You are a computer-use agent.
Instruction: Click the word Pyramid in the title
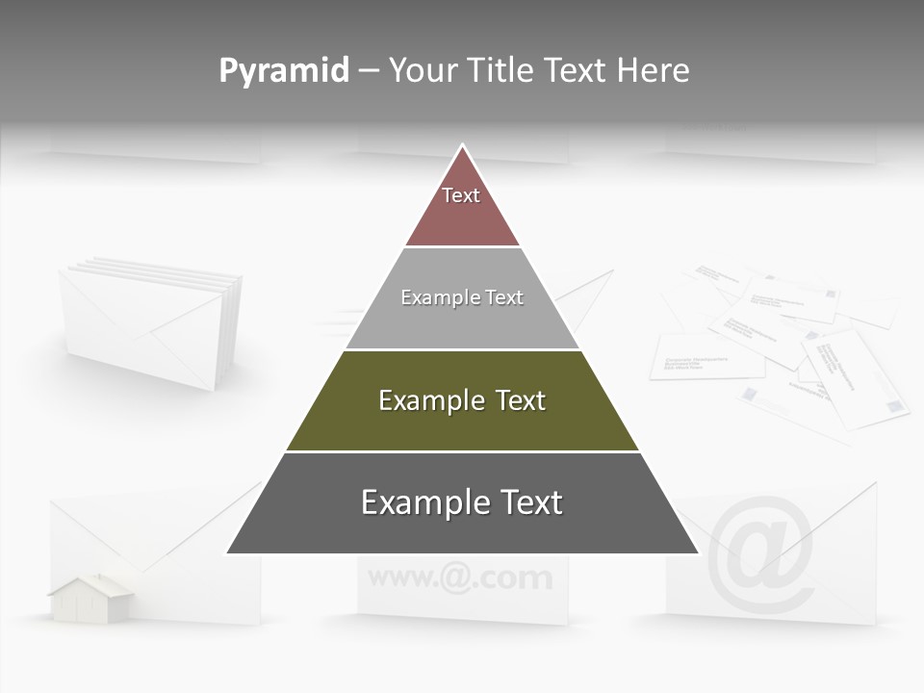pyautogui.click(x=283, y=71)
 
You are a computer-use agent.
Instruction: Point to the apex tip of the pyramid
pyautogui.click(x=462, y=146)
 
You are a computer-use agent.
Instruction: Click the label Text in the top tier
pyautogui.click(x=461, y=195)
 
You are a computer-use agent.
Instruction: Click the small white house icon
pyautogui.click(x=91, y=599)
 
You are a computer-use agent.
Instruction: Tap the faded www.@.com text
pyautogui.click(x=460, y=578)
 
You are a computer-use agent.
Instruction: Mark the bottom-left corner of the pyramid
pyautogui.click(x=227, y=553)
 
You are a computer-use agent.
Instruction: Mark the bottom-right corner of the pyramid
pyautogui.click(x=698, y=553)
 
